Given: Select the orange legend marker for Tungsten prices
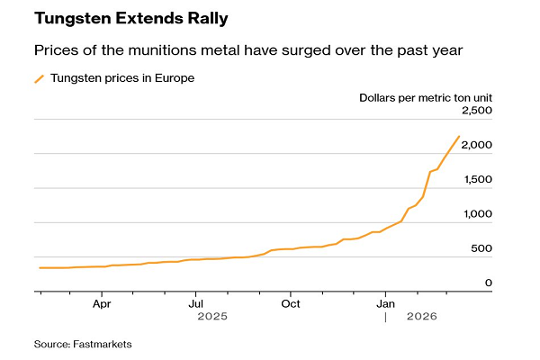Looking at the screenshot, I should coord(40,78).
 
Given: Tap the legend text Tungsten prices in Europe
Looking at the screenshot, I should coord(122,78).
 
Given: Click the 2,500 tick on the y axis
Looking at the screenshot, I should coord(476,111).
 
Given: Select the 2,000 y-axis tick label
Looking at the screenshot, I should coord(476,145).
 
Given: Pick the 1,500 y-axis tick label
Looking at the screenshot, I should coord(477,179).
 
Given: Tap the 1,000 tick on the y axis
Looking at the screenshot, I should coord(477,214).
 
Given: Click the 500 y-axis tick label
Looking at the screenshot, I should coord(481,248).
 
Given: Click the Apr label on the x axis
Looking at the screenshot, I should coord(102,305).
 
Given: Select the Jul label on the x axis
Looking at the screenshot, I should coord(195,305).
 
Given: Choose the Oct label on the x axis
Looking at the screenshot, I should coord(290,305).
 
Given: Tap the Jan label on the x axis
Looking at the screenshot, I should coord(385,305).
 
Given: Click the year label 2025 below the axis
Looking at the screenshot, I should coord(213,318).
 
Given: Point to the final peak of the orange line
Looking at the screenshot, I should coord(459,136).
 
